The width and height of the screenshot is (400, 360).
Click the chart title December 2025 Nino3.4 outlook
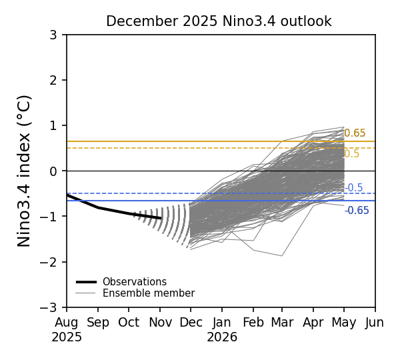tap(219, 21)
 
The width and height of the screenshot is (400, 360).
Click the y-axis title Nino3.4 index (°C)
tap(25, 171)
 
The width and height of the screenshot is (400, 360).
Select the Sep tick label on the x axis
tap(98, 323)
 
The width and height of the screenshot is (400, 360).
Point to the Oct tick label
tap(129, 323)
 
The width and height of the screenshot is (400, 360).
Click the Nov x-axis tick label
tap(160, 323)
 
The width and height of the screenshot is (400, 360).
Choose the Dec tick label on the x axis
tap(191, 323)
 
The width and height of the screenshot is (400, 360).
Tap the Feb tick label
tap(253, 323)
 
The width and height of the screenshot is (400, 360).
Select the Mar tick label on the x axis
tap(281, 323)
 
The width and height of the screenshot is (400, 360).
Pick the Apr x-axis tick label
tap(313, 323)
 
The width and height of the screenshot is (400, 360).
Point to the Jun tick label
tap(375, 323)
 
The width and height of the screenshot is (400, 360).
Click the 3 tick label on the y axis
tap(53, 35)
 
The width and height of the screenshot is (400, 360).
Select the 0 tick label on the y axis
tap(53, 171)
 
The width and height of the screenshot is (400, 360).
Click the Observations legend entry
tap(134, 282)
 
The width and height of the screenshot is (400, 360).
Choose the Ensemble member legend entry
tap(148, 293)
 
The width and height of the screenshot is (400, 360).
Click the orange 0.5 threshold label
tap(351, 154)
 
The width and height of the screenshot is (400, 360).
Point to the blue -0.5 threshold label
tap(354, 188)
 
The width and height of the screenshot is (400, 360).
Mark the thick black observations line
tap(113, 211)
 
